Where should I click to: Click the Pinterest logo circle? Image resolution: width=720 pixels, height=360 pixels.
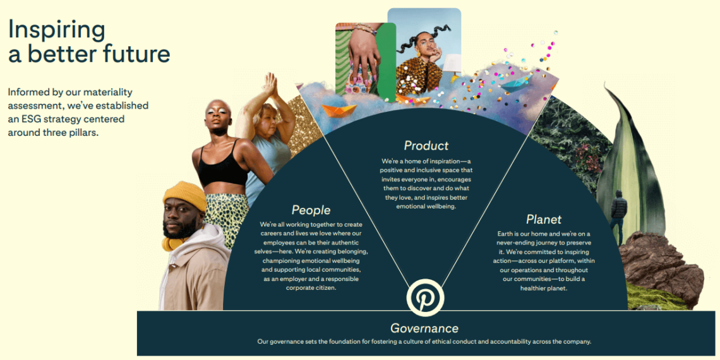coord(425,297)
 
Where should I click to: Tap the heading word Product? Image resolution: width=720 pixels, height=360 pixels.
coord(426,146)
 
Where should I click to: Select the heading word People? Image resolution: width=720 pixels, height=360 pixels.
coord(311,210)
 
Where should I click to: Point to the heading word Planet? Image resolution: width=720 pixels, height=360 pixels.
coord(544,219)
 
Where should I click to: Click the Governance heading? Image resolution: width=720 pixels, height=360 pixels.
coord(424,328)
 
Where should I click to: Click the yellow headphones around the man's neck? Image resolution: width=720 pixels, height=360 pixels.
coord(171,243)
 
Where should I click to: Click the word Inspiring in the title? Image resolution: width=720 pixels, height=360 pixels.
coord(56,29)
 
